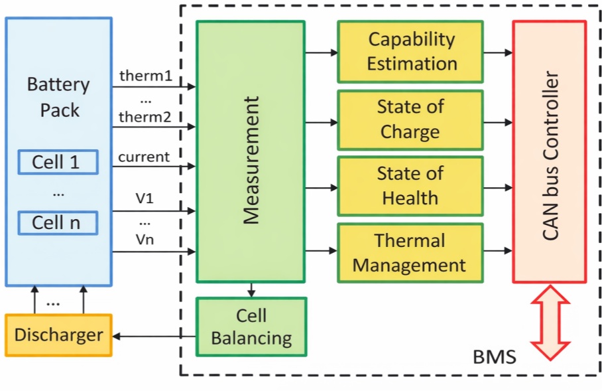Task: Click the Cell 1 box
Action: coord(57,161)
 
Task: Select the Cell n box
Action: coord(57,222)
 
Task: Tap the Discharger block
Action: coord(58,335)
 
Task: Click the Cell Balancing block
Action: coord(251,326)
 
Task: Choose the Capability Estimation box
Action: coord(411,51)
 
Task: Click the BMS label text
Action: coord(494,358)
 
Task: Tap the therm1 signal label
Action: coord(145,75)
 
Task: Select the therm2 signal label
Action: coord(145,117)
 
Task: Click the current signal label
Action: coord(144,157)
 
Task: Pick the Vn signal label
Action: coord(144,240)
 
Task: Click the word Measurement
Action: coord(251,160)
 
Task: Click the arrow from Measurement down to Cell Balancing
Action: coord(251,289)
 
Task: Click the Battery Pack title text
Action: coord(58,97)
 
